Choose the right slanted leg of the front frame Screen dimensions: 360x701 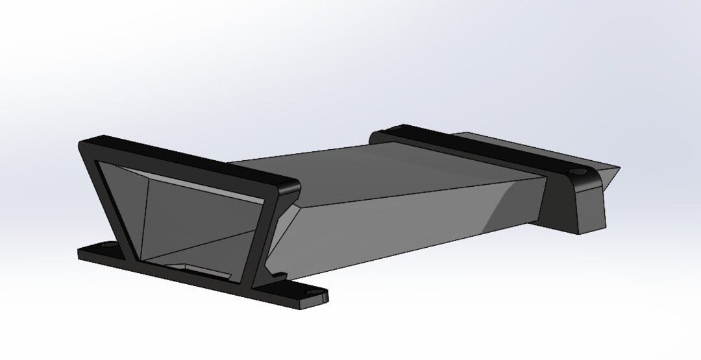point(271,234)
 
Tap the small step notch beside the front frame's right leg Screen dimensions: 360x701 point(280,276)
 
